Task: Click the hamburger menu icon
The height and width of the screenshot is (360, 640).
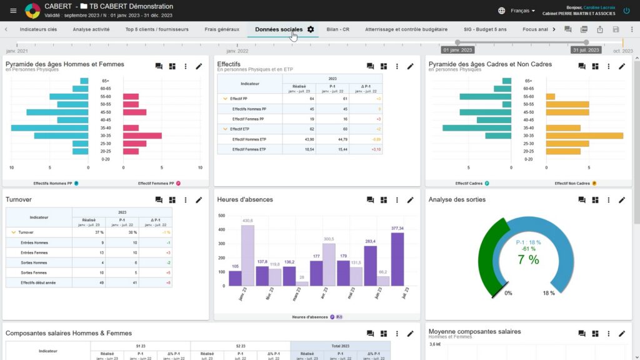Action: [13, 11]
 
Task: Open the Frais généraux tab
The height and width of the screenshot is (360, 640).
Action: [222, 29]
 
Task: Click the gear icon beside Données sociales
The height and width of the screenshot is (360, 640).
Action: [311, 29]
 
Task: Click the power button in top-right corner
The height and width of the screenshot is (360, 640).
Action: [626, 11]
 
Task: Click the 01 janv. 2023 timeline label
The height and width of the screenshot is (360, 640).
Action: [458, 50]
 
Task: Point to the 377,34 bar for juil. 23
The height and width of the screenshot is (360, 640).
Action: [397, 259]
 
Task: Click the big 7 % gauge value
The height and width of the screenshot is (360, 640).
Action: [528, 259]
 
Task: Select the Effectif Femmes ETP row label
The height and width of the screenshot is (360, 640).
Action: [249, 149]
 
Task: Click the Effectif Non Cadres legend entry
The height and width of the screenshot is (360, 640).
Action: [572, 183]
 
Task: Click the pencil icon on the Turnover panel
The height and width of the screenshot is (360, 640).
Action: [199, 200]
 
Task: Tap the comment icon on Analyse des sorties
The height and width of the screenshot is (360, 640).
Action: [582, 200]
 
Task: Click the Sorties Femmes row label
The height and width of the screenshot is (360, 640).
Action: [34, 272]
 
